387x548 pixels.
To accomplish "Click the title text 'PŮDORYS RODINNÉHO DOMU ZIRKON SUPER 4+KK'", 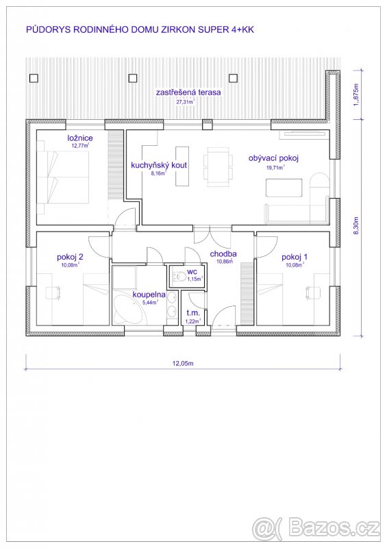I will coord(143,30).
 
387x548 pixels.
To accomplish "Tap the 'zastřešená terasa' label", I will coord(188,92).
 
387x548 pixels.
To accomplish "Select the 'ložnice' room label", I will coord(80,138).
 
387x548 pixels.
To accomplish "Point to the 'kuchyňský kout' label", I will coord(159,165).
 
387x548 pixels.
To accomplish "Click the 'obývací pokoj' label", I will coord(273,158).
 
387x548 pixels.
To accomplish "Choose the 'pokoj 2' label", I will coord(70,257).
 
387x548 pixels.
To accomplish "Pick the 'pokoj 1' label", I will coord(295,257).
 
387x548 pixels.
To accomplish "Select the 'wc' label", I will coord(192,271).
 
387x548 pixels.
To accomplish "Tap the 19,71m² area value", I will coord(275,167).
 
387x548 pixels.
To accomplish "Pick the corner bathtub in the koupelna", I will coord(129,312).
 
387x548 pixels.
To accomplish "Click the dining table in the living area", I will coord(214,166).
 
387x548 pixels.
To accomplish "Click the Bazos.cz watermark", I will coord(316,528).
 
